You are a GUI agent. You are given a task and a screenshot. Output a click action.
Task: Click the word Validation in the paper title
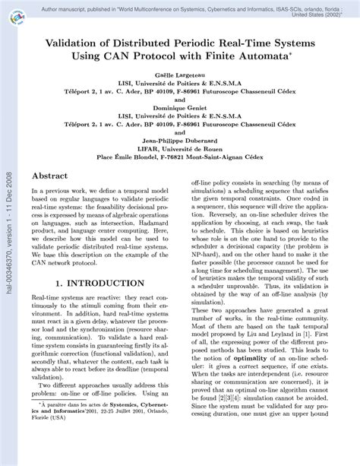(76, 43)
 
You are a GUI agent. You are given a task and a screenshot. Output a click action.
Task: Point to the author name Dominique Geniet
(179, 107)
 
